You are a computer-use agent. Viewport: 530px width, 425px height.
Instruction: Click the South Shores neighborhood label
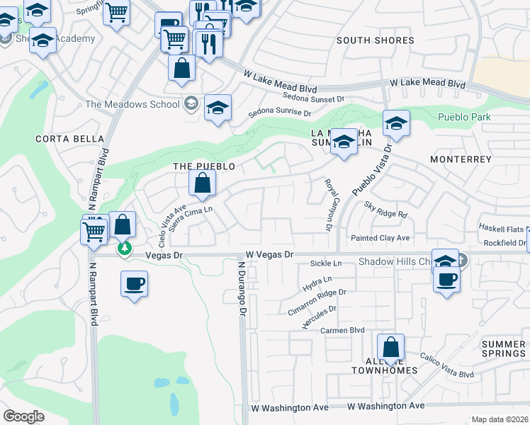click(375, 40)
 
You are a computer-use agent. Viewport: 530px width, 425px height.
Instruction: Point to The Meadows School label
click(132, 104)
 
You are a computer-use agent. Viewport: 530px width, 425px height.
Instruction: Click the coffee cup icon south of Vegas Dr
click(134, 285)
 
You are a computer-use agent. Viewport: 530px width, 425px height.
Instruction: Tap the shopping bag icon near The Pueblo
click(203, 183)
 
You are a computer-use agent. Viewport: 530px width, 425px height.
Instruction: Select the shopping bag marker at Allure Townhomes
click(390, 348)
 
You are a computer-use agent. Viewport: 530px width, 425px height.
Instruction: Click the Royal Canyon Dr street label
click(329, 205)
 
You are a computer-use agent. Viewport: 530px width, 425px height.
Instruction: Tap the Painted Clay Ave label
click(380, 238)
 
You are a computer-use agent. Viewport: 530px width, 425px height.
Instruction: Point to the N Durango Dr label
click(242, 289)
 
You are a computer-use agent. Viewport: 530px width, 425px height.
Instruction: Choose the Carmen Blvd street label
click(342, 330)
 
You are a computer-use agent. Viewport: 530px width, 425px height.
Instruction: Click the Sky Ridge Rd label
click(386, 209)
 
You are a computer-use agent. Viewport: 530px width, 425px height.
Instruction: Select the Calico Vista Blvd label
click(446, 365)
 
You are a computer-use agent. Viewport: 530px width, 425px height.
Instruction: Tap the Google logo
click(24, 416)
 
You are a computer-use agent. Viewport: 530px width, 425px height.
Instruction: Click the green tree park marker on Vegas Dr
click(125, 249)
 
